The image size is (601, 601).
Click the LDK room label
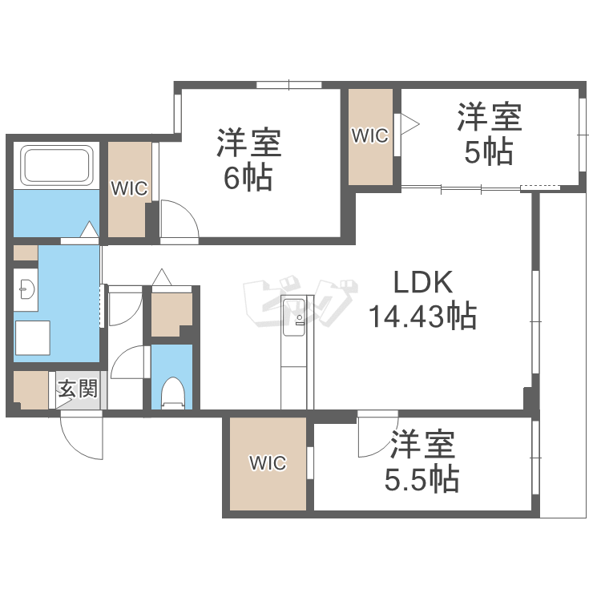pyautogui.click(x=422, y=282)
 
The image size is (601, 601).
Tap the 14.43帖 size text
pyautogui.click(x=422, y=317)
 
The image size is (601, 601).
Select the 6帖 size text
pyautogui.click(x=248, y=178)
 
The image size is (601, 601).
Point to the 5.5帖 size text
pyautogui.click(x=422, y=480)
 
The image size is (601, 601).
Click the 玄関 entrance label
pyautogui.click(x=78, y=390)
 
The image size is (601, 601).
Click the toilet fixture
pyautogui.click(x=171, y=393)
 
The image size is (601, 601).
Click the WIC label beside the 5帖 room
pyautogui.click(x=369, y=136)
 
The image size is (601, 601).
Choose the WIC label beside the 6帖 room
pyautogui.click(x=129, y=189)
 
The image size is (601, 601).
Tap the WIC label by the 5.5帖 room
pyautogui.click(x=267, y=462)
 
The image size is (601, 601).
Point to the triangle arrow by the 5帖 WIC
pyautogui.click(x=409, y=123)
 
